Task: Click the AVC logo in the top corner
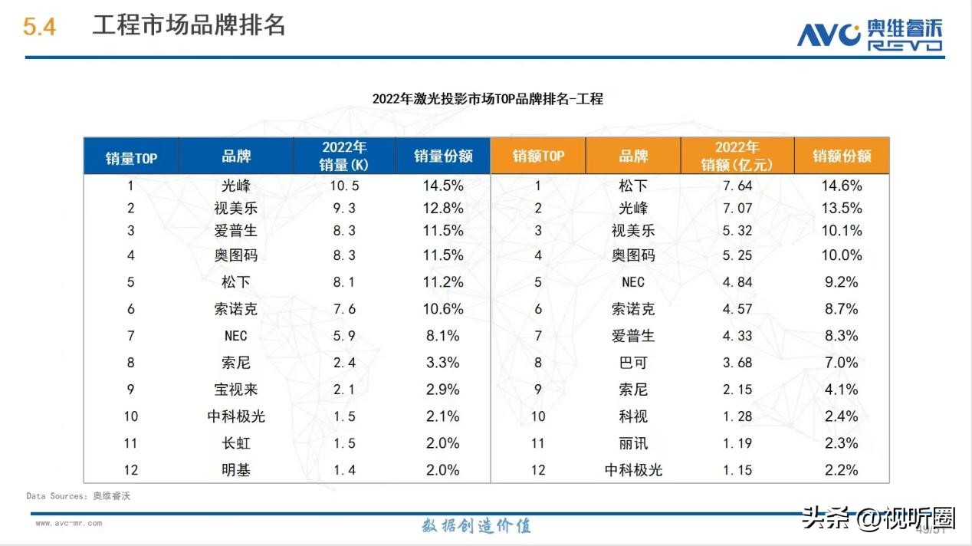869,34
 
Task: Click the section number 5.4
39,27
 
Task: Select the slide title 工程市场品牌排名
189,25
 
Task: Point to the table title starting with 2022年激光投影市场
488,99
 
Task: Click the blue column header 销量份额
443,156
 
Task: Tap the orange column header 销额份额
842,156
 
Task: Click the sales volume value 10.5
344,186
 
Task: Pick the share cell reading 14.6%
842,186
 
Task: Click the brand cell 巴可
633,363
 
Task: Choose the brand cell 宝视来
236,390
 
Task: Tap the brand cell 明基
236,470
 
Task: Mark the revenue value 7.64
737,186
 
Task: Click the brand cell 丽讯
633,443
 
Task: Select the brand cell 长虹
236,443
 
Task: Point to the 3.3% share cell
442,363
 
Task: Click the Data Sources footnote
78,496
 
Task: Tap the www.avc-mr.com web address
68,524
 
